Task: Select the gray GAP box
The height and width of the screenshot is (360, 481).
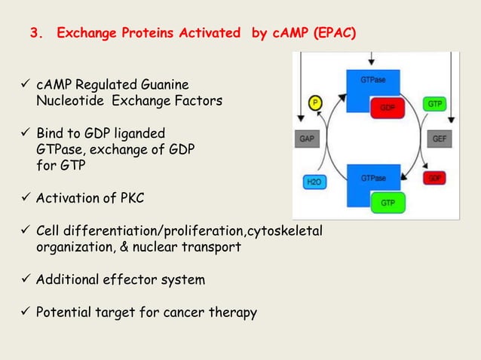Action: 307,139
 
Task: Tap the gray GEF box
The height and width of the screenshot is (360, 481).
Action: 438,139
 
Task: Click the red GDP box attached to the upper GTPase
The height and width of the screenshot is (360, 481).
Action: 388,108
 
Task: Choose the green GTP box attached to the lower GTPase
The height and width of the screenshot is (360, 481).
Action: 388,203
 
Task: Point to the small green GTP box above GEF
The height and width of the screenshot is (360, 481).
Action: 435,102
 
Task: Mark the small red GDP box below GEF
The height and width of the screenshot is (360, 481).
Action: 435,178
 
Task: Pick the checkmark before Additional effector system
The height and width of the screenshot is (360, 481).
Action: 24,279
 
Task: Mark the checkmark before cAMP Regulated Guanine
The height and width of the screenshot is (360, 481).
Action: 24,82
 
